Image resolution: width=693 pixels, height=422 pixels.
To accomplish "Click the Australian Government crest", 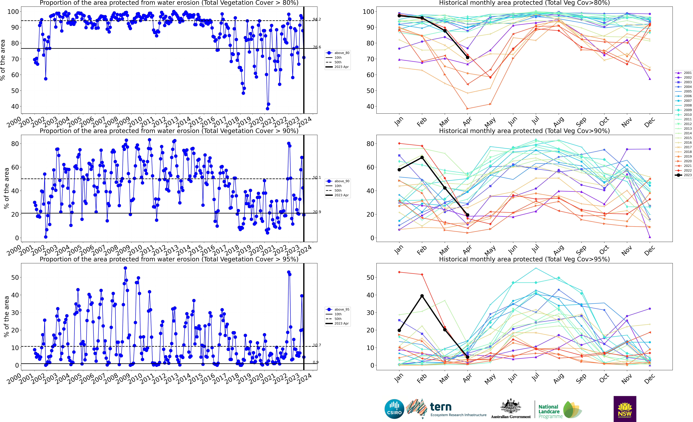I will point(510,407).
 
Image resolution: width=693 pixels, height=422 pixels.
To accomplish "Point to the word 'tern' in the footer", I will point(441,407).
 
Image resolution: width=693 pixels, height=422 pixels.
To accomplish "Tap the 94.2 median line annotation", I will point(317,19).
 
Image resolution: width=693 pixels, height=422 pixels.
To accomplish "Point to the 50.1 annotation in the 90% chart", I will point(317,178).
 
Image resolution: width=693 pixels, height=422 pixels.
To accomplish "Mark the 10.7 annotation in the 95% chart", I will point(317,345).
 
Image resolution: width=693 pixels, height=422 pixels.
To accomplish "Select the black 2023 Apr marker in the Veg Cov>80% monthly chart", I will point(467,57).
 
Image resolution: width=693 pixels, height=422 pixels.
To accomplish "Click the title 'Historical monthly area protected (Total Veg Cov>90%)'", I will point(524,131).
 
